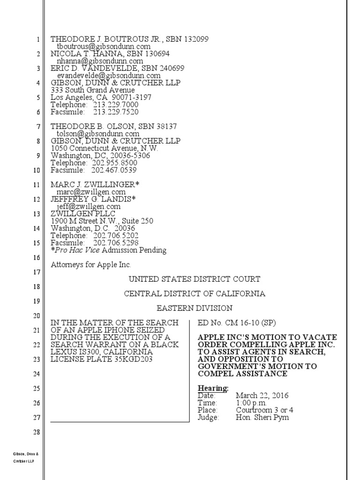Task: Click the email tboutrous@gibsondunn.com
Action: pos(104,47)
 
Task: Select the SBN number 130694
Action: pos(154,54)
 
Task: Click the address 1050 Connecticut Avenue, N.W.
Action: pos(105,148)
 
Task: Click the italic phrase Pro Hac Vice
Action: pos(77,250)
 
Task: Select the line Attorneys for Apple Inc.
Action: pos(91,265)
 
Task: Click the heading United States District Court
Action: pos(195,279)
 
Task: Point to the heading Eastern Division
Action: pos(195,308)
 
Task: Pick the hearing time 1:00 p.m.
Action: pos(251,403)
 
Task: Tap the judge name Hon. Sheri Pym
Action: pos(262,418)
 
